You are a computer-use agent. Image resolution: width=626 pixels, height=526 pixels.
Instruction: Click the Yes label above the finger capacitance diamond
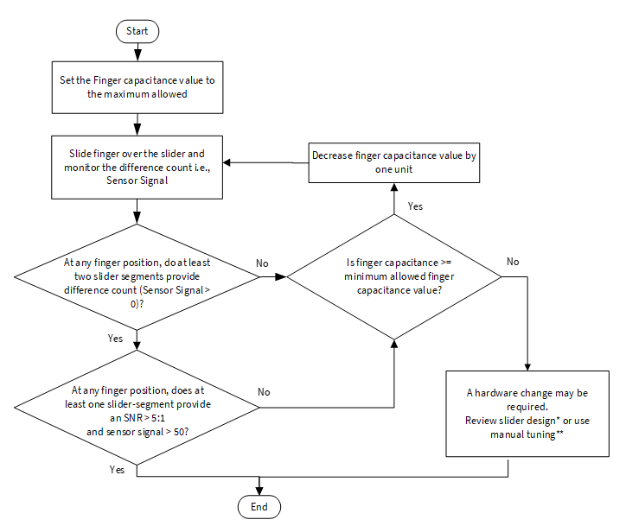(x=415, y=206)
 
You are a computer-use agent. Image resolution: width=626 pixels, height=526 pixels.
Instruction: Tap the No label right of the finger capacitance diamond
(x=513, y=262)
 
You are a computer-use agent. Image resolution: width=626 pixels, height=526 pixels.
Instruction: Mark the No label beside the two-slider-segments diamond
(x=262, y=263)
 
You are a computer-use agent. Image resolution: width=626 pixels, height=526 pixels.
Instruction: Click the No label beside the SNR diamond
(x=264, y=392)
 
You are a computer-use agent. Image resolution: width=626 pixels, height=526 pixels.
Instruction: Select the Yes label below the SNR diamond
(x=117, y=470)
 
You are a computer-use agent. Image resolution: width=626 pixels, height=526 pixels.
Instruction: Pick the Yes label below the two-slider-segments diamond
(x=115, y=339)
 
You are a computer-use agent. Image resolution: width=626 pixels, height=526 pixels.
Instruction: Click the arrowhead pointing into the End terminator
(x=259, y=491)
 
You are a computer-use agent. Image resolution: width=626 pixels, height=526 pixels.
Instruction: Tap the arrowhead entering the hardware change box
(x=527, y=367)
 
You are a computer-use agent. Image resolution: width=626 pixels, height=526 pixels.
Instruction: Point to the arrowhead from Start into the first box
(x=137, y=57)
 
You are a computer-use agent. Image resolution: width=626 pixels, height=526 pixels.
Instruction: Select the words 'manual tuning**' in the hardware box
(x=527, y=434)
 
